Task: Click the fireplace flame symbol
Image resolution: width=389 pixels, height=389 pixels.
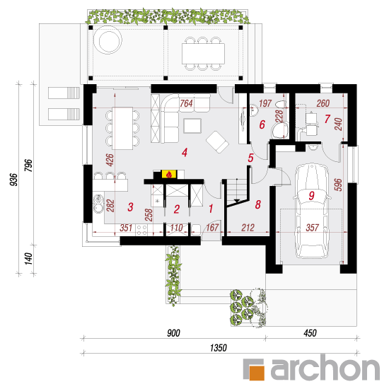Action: pyautogui.click(x=169, y=175)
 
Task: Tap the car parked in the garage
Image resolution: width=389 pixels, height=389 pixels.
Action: pyautogui.click(x=312, y=211)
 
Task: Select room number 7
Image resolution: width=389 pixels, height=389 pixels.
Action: pyautogui.click(x=327, y=119)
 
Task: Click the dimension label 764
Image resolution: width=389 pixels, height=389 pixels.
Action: pyautogui.click(x=186, y=103)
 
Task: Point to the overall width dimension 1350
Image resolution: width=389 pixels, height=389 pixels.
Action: pyautogui.click(x=219, y=348)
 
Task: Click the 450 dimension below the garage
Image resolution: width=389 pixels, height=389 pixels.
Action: pyautogui.click(x=310, y=333)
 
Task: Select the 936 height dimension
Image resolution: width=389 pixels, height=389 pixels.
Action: pyautogui.click(x=14, y=180)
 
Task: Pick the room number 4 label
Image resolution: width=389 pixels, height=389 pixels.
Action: pyautogui.click(x=185, y=152)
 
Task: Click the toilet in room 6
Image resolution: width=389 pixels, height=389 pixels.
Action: pyautogui.click(x=280, y=130)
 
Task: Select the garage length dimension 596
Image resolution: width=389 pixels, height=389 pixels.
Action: pyautogui.click(x=338, y=185)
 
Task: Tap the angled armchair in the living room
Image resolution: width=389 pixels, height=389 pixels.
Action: pyautogui.click(x=217, y=142)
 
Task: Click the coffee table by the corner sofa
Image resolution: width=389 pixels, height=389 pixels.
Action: pyautogui.click(x=192, y=126)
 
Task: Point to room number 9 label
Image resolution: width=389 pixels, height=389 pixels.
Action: pyautogui.click(x=312, y=195)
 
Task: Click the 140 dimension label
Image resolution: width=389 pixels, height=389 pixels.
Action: pyautogui.click(x=28, y=259)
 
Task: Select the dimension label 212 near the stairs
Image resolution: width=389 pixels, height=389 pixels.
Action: pyautogui.click(x=248, y=228)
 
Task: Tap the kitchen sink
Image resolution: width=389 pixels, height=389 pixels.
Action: pyautogui.click(x=98, y=204)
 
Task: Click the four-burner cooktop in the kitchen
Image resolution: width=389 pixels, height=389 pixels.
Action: pyautogui.click(x=141, y=230)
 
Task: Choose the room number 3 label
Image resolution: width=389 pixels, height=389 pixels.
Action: pyautogui.click(x=131, y=207)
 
